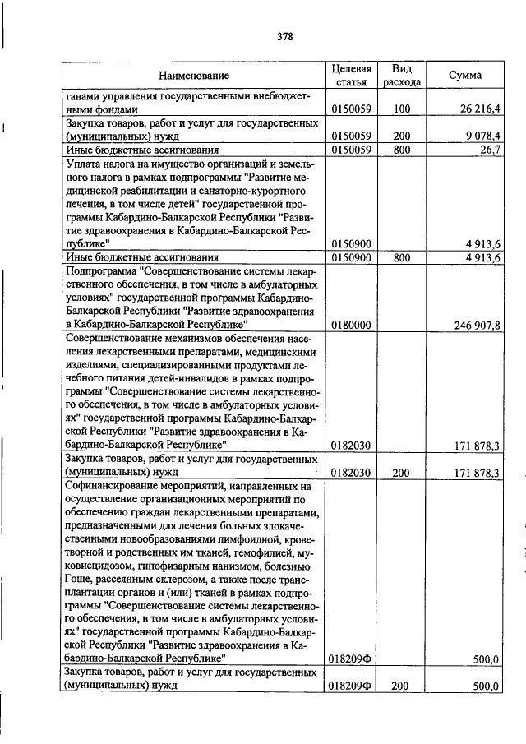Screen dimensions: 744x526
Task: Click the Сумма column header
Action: (465, 76)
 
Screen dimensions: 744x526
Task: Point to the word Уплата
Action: (83, 164)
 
